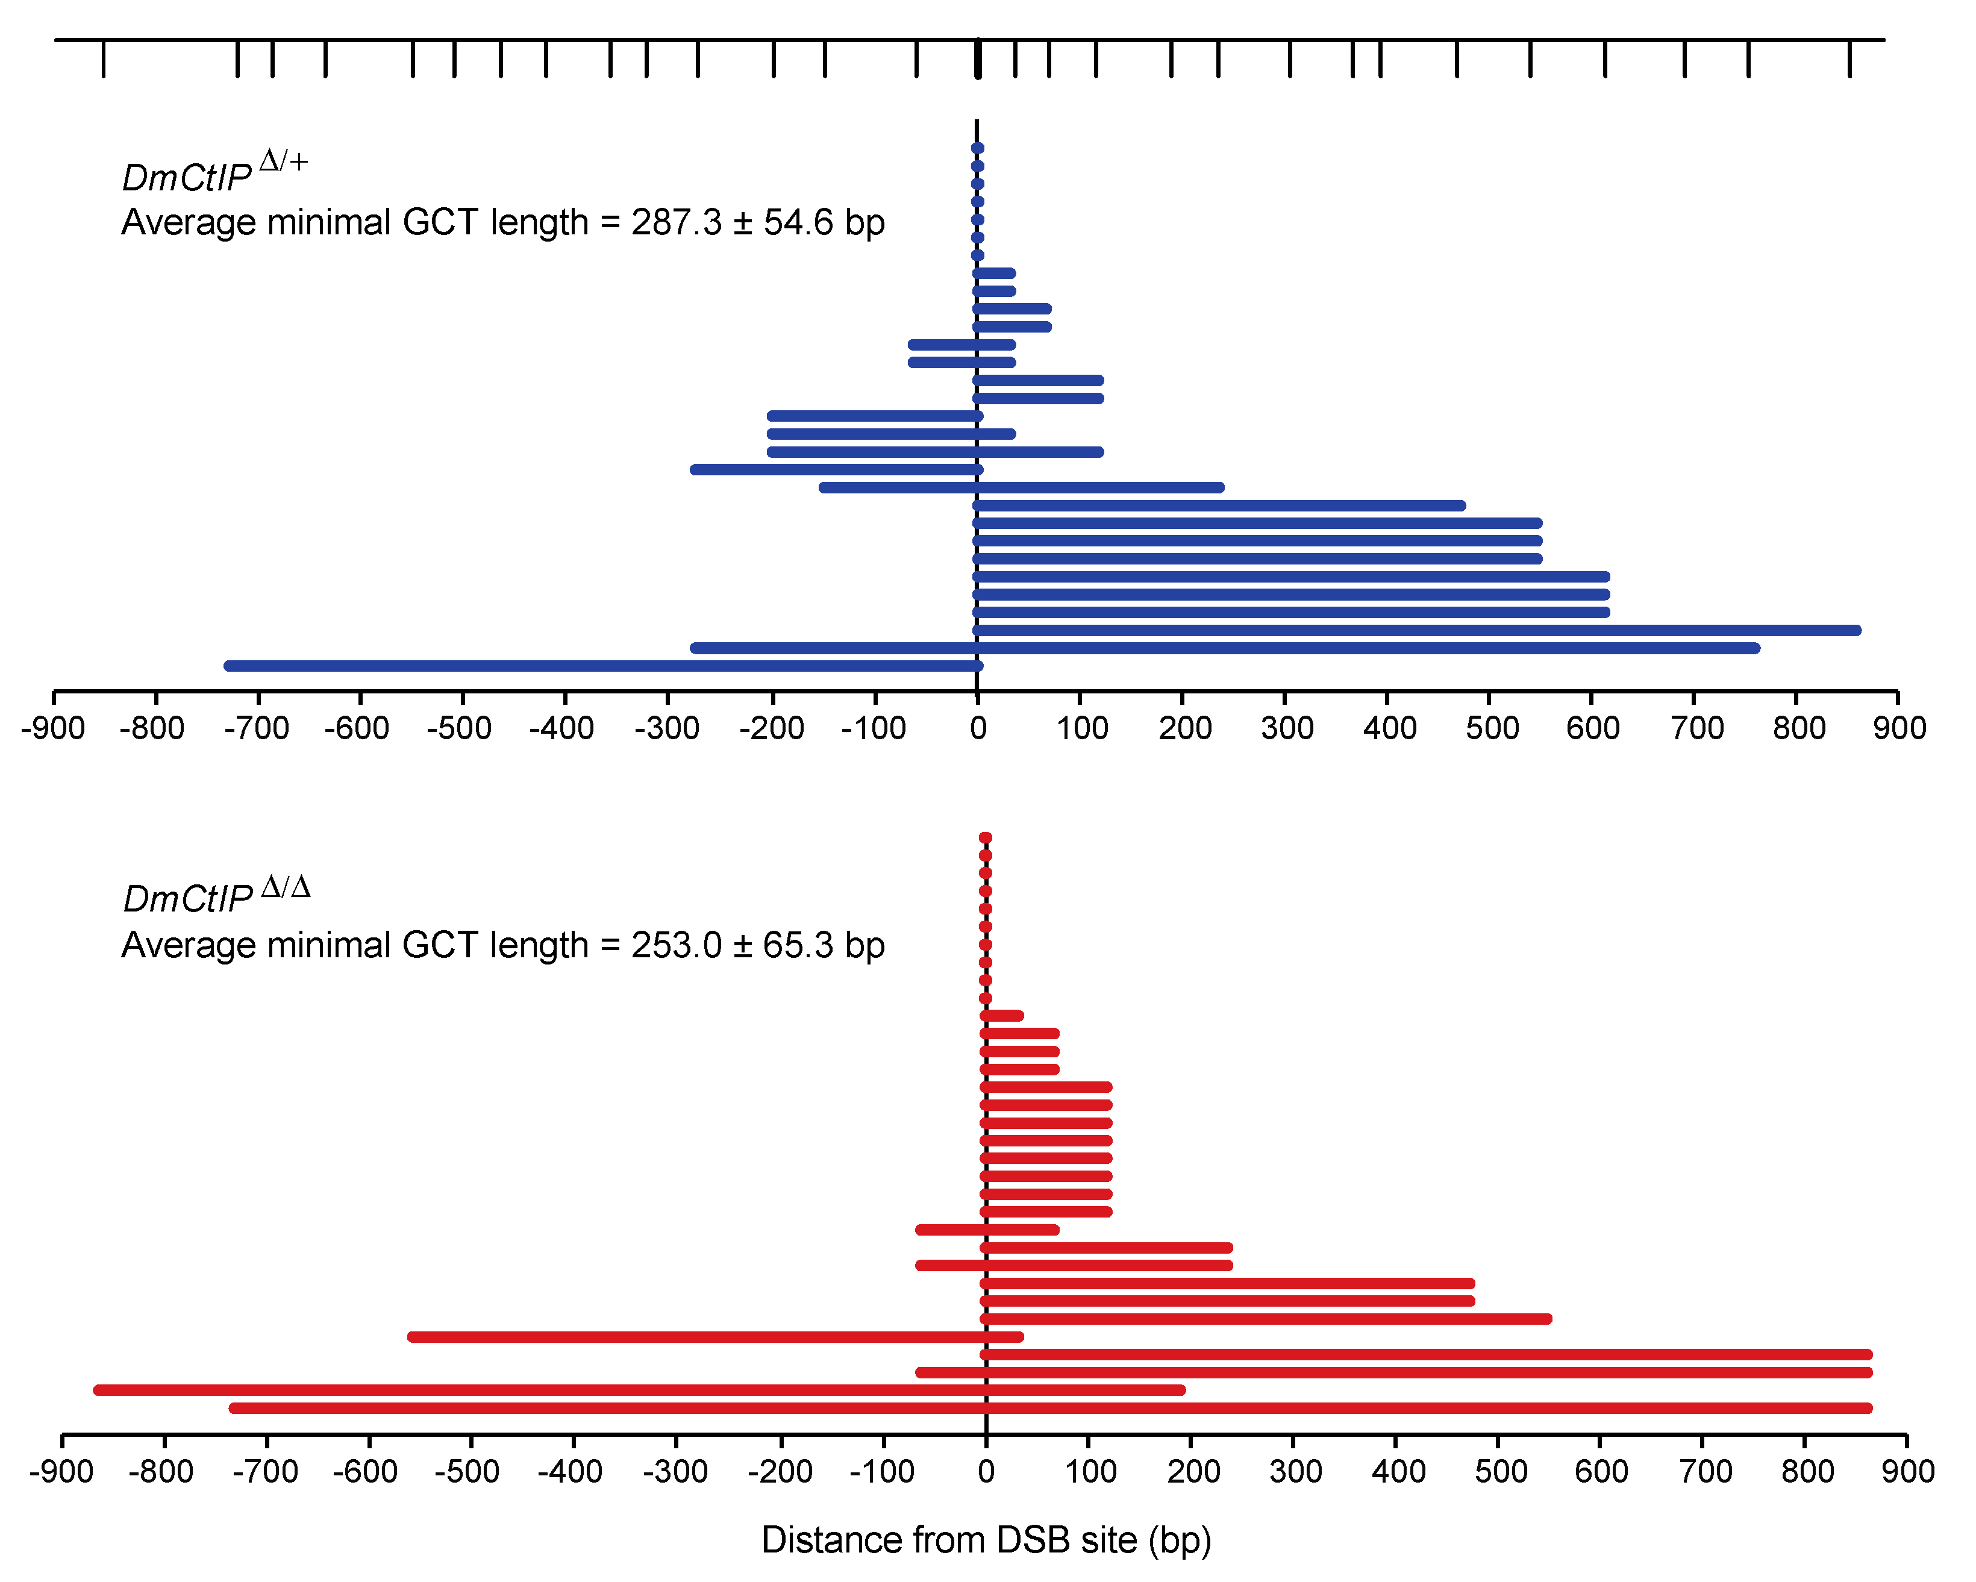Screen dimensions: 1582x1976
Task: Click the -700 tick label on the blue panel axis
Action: click(x=260, y=729)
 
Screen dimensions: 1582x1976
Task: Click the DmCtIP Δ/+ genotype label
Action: click(x=214, y=172)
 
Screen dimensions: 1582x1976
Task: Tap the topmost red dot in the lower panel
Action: click(x=985, y=838)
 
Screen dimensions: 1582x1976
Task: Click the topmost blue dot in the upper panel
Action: click(x=977, y=148)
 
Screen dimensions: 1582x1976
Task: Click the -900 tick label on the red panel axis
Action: click(x=61, y=1472)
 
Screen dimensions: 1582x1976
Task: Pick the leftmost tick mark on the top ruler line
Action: click(x=102, y=58)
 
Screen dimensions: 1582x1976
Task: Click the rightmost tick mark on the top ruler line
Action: click(x=1849, y=58)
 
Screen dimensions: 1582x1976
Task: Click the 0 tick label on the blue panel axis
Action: click(x=978, y=729)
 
